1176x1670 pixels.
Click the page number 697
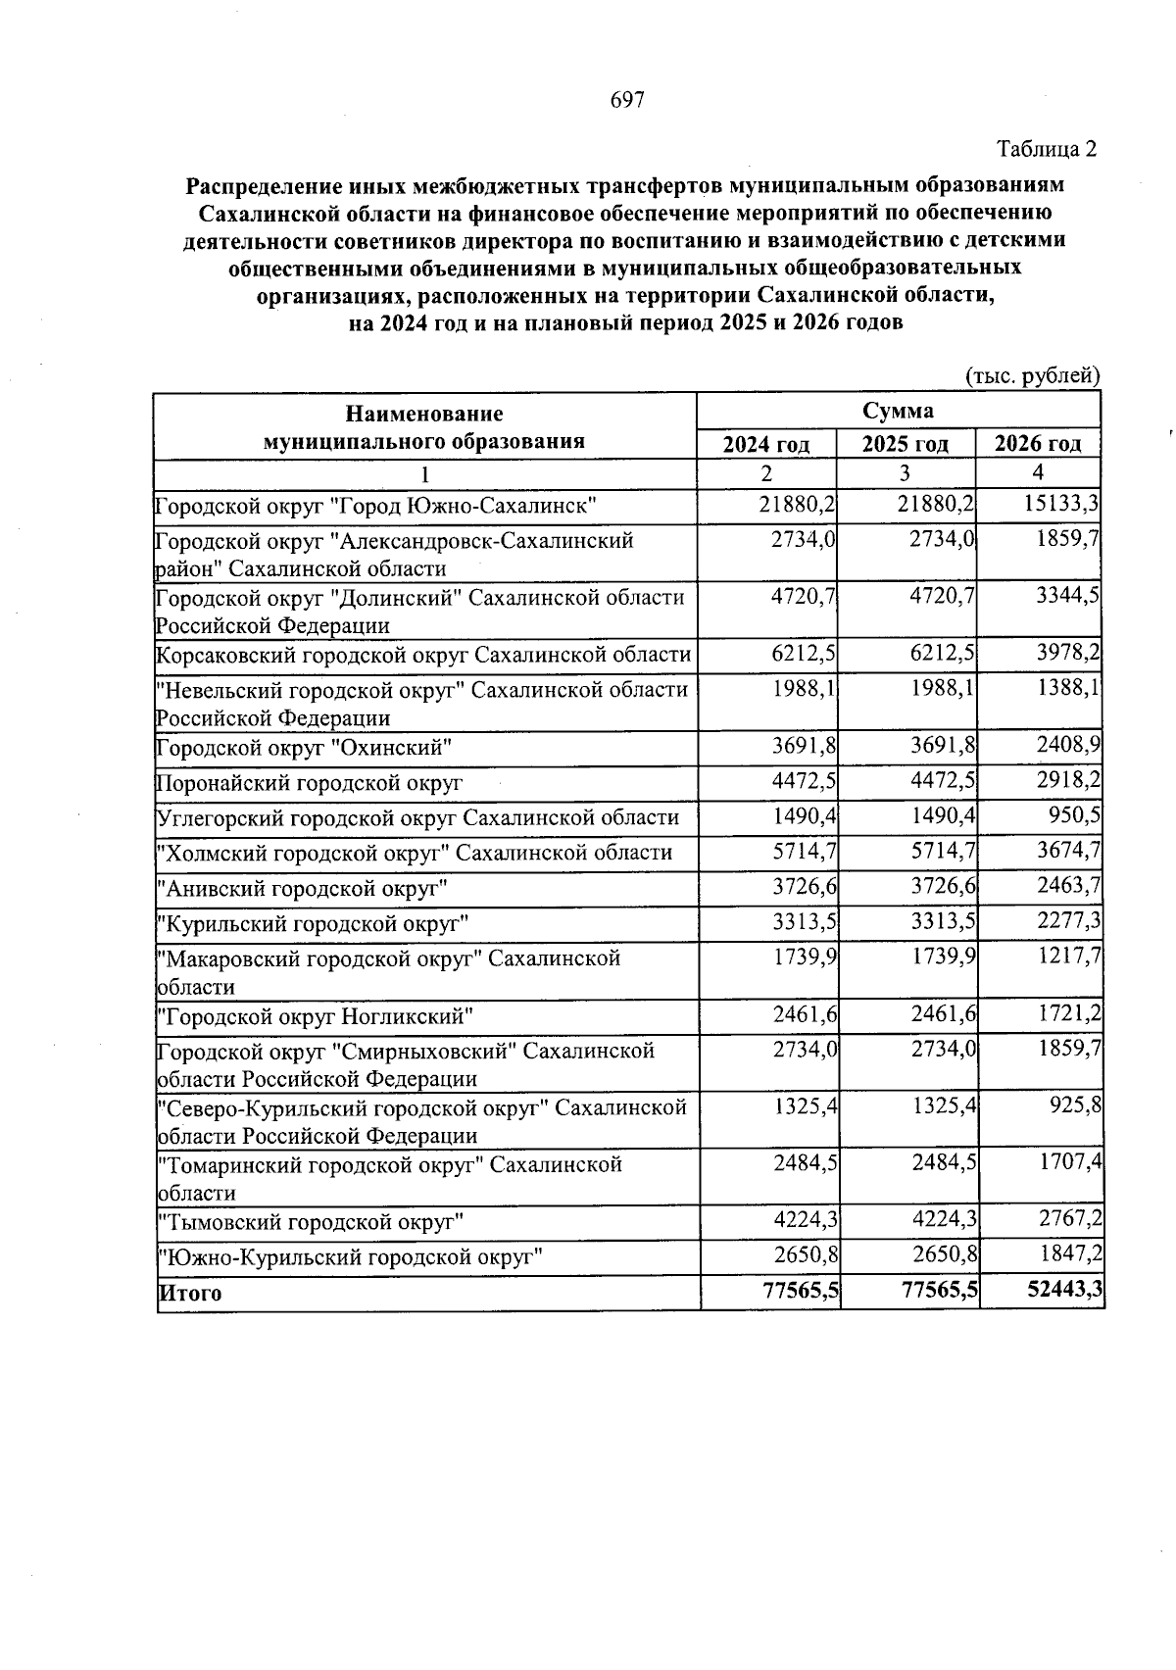pos(626,100)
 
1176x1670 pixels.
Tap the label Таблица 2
pos(1046,149)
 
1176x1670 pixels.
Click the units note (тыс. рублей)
pos(1033,376)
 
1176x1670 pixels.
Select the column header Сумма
pos(898,411)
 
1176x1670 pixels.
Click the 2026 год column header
pos(1038,444)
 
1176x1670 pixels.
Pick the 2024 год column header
pos(766,444)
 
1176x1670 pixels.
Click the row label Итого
pos(191,1293)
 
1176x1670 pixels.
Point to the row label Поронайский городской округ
pos(310,783)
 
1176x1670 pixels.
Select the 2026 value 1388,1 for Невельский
pos(1066,688)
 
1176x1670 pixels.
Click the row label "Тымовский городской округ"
pos(311,1222)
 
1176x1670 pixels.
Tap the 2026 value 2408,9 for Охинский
pos(1066,747)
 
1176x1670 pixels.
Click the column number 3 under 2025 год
pos(905,473)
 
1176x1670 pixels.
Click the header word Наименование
pos(423,415)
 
